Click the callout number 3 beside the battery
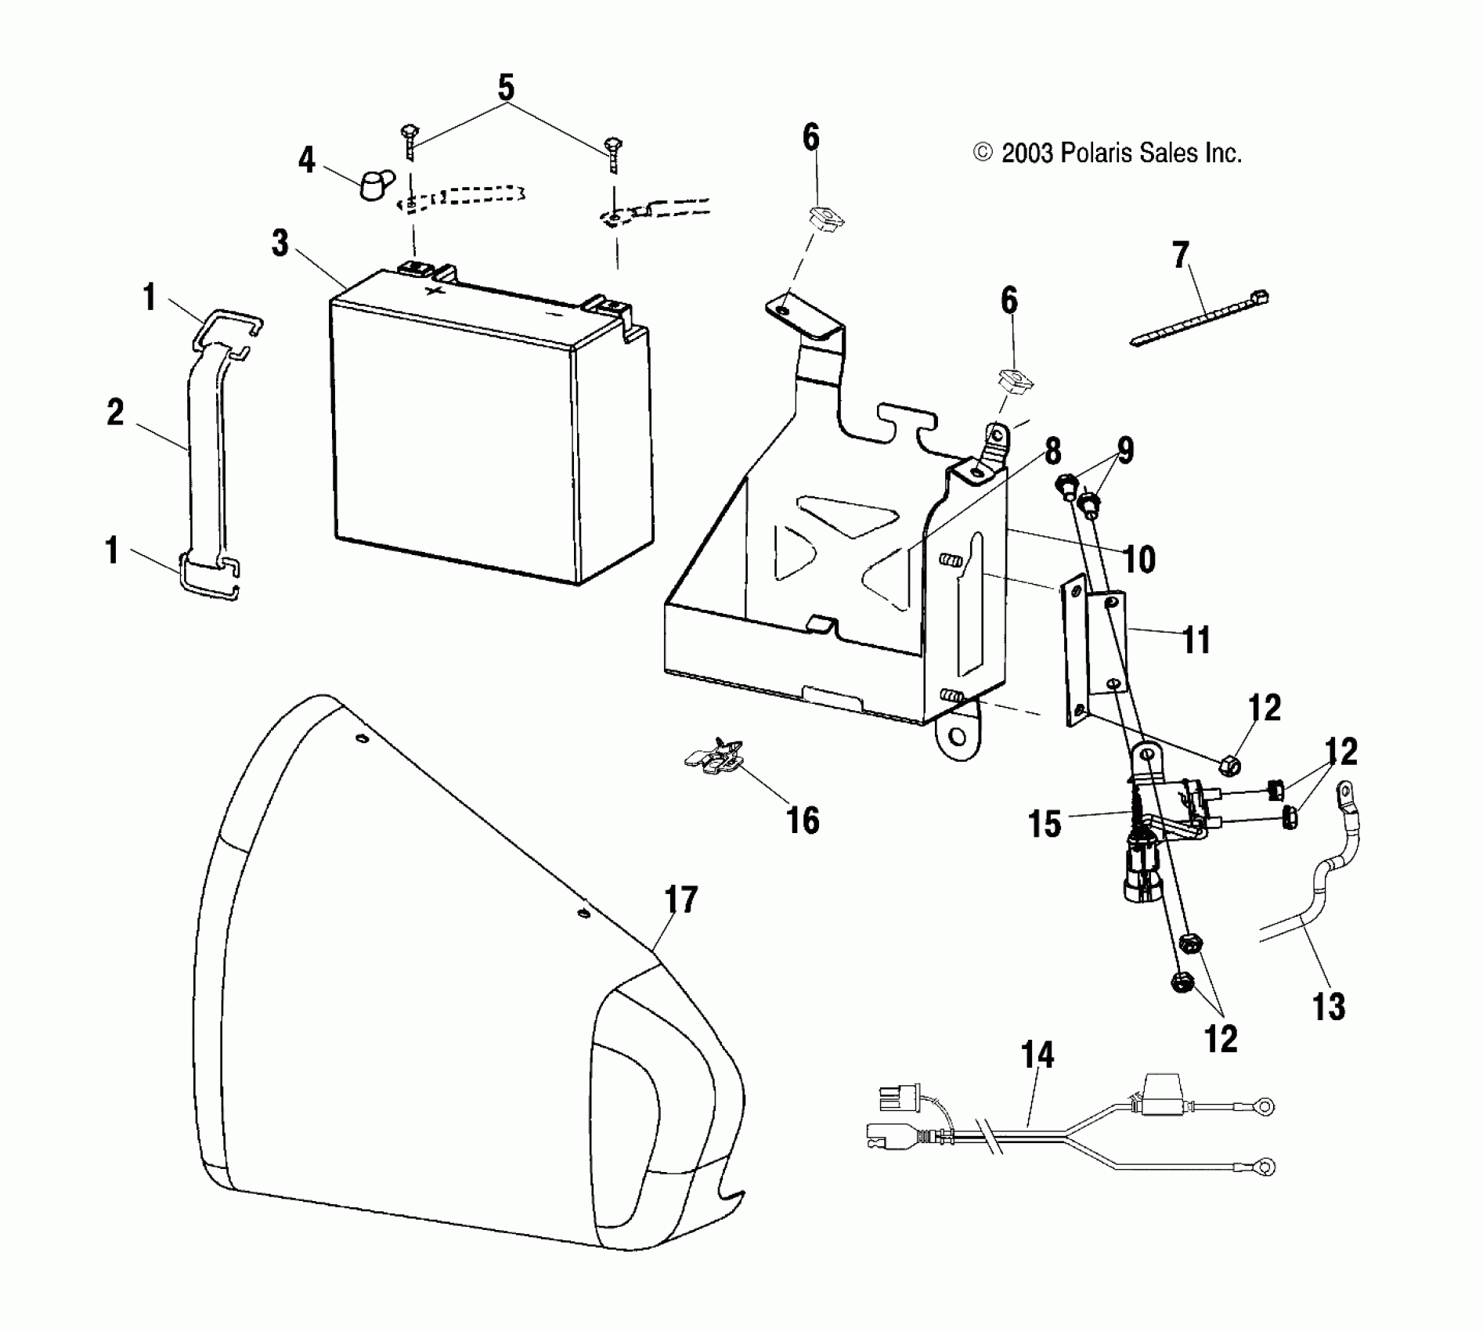coord(280,243)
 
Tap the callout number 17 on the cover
coord(680,900)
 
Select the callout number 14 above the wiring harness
coord(1037,1055)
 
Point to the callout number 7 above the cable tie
coord(1181,255)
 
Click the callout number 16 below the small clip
coord(803,821)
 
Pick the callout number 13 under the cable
coord(1329,1007)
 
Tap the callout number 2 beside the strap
coord(115,413)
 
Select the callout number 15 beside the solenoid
coord(1045,824)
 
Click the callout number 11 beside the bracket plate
coord(1196,640)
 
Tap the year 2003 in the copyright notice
coord(1027,153)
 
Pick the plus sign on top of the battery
coord(433,290)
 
